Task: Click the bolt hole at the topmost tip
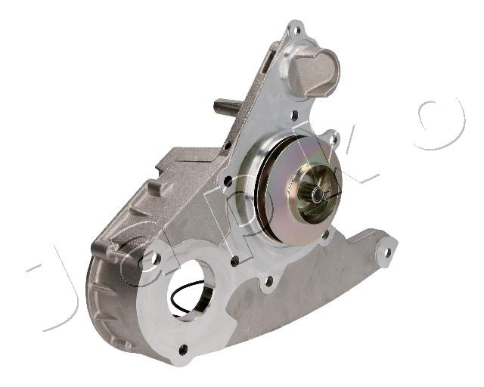297,30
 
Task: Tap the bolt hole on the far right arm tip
388,252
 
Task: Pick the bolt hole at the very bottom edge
183,350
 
